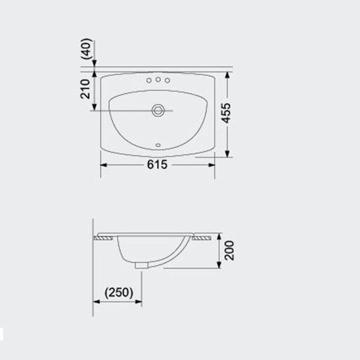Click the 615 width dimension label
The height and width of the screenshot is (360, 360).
point(157,164)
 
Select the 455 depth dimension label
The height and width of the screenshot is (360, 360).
point(225,113)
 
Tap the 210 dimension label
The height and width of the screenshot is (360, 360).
point(85,89)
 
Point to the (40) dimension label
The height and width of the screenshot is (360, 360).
point(87,49)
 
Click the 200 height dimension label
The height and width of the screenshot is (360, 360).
point(229,251)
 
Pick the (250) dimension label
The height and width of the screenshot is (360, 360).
point(118,293)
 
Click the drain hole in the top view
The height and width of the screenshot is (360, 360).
point(158,111)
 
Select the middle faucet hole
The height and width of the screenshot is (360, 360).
point(158,79)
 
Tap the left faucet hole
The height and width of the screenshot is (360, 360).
point(149,81)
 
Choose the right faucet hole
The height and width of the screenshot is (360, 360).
point(167,81)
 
